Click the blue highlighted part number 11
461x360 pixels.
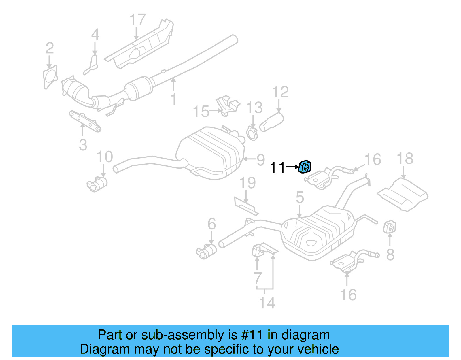(305, 167)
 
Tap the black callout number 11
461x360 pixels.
(277, 167)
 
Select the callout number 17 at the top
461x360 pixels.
(137, 20)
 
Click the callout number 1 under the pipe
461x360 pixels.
(173, 99)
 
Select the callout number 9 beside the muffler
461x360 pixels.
(260, 160)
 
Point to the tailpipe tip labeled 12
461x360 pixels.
(271, 122)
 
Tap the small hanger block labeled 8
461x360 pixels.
(390, 227)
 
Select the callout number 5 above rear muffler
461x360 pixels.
(300, 197)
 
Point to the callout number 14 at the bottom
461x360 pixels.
(267, 303)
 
